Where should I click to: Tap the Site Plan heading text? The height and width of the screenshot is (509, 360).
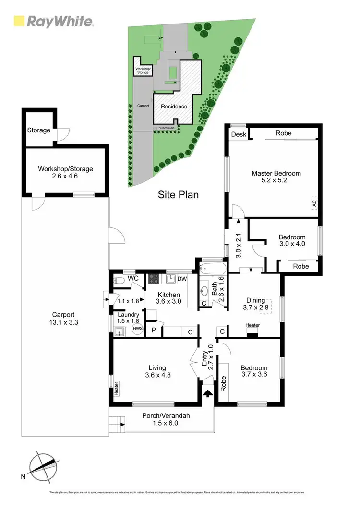click(x=178, y=195)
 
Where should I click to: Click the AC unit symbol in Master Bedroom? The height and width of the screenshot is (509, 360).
click(x=314, y=203)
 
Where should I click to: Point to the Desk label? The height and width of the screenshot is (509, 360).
click(x=238, y=134)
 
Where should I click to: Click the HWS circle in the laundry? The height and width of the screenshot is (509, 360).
click(x=138, y=329)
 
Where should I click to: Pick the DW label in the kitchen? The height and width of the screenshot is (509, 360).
click(x=182, y=279)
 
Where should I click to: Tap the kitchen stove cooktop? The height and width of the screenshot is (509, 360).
click(x=155, y=279)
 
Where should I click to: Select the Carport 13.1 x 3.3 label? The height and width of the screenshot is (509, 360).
click(x=65, y=319)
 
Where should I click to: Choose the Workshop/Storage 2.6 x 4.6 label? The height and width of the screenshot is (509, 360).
click(x=65, y=173)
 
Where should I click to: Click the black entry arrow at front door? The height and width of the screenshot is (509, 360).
click(x=207, y=393)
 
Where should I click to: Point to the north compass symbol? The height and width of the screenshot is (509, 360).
click(x=42, y=465)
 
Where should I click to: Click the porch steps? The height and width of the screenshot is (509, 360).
click(x=118, y=424)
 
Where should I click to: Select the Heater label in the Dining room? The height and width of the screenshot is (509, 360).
click(x=252, y=325)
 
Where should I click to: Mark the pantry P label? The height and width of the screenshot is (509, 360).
click(x=154, y=331)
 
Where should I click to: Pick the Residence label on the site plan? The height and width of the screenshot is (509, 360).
click(x=174, y=107)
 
